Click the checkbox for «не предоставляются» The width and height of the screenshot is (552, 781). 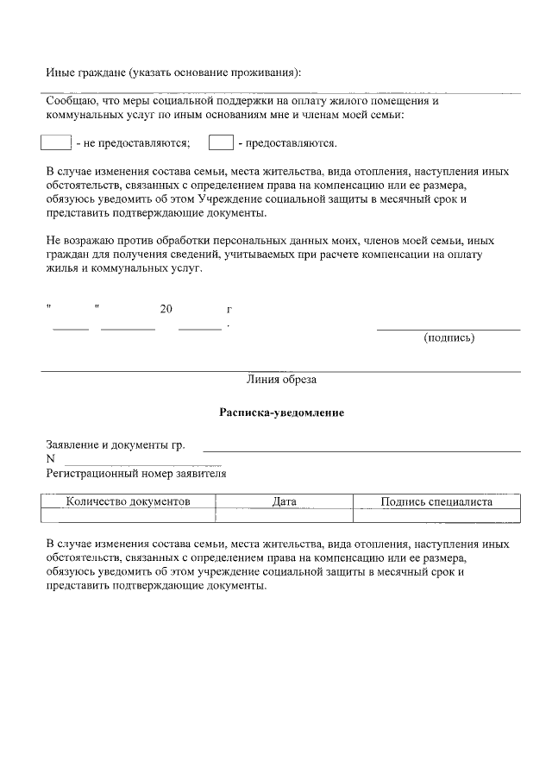[x=56, y=142]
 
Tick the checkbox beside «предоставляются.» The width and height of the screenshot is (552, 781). [x=222, y=142]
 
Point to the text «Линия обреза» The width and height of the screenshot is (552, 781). [x=281, y=380]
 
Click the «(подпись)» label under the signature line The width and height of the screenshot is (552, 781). [x=448, y=337]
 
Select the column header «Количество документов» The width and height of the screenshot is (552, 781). [x=128, y=501]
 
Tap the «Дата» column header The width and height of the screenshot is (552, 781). [x=284, y=501]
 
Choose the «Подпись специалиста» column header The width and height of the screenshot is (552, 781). [x=436, y=501]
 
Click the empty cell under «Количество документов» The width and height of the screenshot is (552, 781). [x=128, y=515]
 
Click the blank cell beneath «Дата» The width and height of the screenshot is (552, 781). [x=284, y=515]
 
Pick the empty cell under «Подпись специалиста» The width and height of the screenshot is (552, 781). [x=436, y=515]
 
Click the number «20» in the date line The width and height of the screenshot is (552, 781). [x=166, y=309]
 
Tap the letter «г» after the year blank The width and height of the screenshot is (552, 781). [x=229, y=309]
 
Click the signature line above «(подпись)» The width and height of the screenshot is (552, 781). [x=448, y=329]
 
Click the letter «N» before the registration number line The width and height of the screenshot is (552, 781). [x=50, y=459]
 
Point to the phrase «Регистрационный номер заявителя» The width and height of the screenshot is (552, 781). [x=136, y=473]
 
